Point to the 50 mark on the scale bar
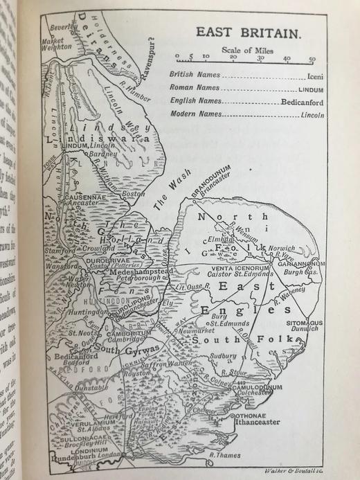point(312,59)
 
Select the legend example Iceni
point(312,77)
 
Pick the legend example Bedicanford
point(300,103)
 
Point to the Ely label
point(168,303)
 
